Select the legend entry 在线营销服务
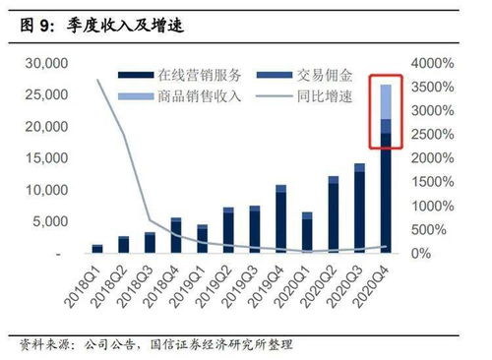pos(191,74)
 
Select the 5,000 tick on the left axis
pos(44,221)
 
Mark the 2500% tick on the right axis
pos(432,135)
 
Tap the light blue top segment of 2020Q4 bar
pos(386,101)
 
